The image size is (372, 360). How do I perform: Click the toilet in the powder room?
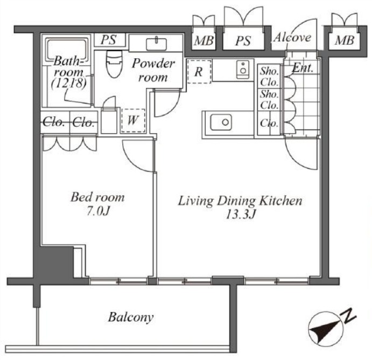tap(114, 64)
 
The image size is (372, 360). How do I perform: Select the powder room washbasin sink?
tap(156, 44)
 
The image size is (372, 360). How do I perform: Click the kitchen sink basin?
tap(221, 122)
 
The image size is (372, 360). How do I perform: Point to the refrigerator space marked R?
tap(199, 72)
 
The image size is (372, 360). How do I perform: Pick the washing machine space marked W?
tap(133, 121)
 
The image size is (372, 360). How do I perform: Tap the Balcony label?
tap(131, 317)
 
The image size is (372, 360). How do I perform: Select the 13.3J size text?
tap(240, 214)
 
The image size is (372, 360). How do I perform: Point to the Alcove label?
tap(292, 38)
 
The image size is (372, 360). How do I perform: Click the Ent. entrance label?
tap(303, 68)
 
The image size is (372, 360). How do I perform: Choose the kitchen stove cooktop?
tap(243, 70)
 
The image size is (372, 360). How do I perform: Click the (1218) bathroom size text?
tap(69, 83)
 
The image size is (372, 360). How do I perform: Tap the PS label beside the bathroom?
tap(109, 40)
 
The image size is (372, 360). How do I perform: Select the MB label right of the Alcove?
tap(345, 40)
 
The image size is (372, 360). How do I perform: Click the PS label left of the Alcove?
tap(243, 41)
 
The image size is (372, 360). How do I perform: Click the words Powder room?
tap(153, 70)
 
